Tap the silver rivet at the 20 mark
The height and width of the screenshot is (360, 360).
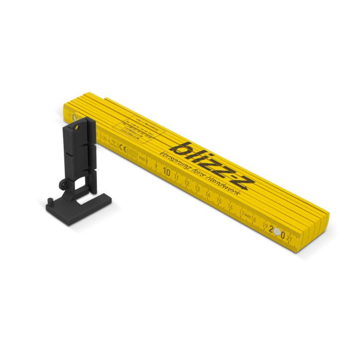(278, 232)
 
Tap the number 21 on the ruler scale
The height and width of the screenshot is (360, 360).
(291, 239)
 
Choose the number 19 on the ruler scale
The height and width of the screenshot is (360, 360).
(264, 225)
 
